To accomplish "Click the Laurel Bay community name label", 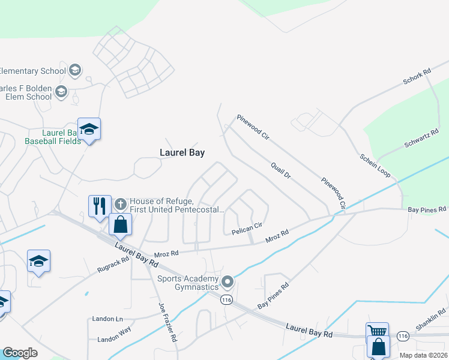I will tap(182, 153).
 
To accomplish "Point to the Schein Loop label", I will tap(375, 165).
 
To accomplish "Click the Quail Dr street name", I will tap(280, 170).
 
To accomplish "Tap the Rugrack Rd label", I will tap(113, 265).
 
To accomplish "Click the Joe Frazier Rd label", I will tap(167, 322).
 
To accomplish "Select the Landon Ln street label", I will tap(107, 319).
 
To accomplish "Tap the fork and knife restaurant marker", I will tap(100, 205).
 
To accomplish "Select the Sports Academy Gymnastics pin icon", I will tap(228, 281).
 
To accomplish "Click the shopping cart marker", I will tap(377, 332).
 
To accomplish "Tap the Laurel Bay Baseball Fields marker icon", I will tap(89, 130).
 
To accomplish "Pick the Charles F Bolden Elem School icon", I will tap(61, 92).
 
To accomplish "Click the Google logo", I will tap(20, 353).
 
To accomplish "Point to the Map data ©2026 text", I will tap(423, 355).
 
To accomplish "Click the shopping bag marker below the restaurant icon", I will tap(121, 224).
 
